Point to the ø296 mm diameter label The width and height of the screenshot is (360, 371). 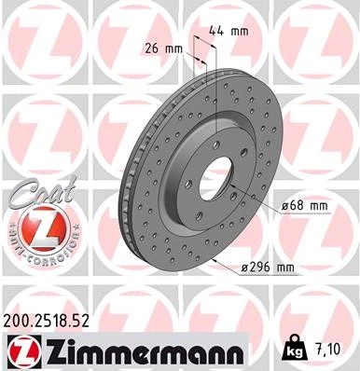pos(267,268)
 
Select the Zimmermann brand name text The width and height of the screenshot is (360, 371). pos(145,351)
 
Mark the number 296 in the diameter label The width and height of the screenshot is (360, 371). pos(260,268)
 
